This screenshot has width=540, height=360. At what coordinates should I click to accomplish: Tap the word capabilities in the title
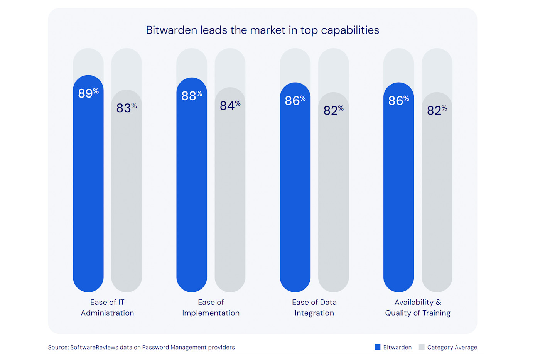pos(350,30)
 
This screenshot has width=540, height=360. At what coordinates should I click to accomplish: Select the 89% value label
pos(88,93)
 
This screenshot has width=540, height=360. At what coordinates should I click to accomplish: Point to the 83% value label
pos(127,108)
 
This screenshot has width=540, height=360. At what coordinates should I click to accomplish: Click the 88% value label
pos(192,95)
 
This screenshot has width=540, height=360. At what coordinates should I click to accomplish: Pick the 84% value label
pos(230,105)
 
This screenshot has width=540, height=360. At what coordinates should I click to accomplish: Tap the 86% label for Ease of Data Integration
pos(295,100)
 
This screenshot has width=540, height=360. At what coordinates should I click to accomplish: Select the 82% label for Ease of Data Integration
pos(333,110)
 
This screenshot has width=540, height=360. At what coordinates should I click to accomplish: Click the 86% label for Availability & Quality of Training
pos(398,100)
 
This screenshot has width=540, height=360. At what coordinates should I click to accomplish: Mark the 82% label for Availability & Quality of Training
pos(437,110)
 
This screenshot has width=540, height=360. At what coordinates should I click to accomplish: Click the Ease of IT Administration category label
pos(107,308)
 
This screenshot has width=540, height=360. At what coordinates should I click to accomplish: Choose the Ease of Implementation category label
pos(211,308)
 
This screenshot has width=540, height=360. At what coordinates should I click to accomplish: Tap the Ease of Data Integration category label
pos(314,308)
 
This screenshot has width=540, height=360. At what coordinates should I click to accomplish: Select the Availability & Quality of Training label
pos(418,308)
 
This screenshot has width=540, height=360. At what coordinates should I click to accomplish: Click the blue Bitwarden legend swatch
pos(378,347)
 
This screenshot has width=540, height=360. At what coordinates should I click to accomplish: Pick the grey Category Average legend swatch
pos(422,347)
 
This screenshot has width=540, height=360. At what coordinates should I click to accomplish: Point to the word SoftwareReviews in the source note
pos(94,347)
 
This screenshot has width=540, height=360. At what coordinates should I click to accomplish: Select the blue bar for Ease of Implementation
pos(192,193)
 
